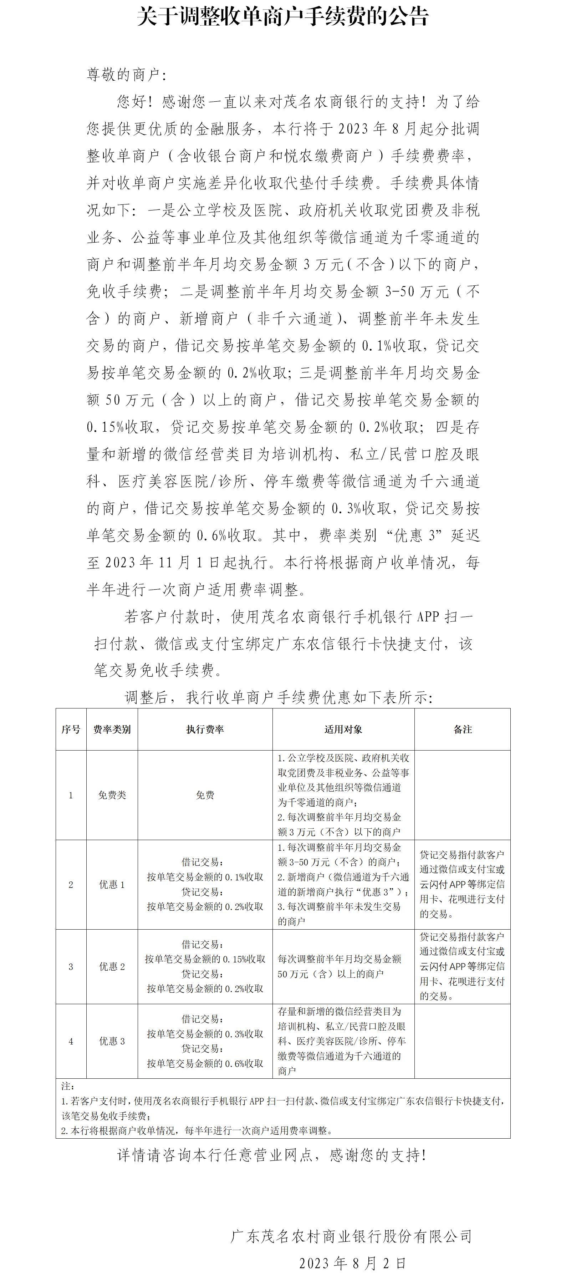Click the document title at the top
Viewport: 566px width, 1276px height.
pyautogui.click(x=283, y=17)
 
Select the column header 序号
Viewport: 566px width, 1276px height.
pyautogui.click(x=71, y=729)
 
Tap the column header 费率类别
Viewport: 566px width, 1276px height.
pyautogui.click(x=112, y=729)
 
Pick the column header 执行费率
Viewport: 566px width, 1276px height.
pyautogui.click(x=205, y=729)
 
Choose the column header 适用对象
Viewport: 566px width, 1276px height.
pyautogui.click(x=343, y=729)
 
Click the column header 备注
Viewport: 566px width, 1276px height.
pyautogui.click(x=463, y=729)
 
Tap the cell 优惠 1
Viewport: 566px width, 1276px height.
pyautogui.click(x=112, y=885)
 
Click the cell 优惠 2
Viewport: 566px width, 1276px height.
pyautogui.click(x=112, y=966)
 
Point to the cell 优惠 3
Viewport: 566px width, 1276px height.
pyautogui.click(x=112, y=1041)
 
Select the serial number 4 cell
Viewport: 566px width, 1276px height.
pyautogui.click(x=71, y=1041)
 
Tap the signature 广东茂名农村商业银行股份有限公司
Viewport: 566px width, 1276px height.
pyautogui.click(x=351, y=1236)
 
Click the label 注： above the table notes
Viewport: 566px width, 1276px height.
pyautogui.click(x=68, y=1086)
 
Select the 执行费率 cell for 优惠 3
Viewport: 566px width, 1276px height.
pyautogui.click(x=205, y=1041)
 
